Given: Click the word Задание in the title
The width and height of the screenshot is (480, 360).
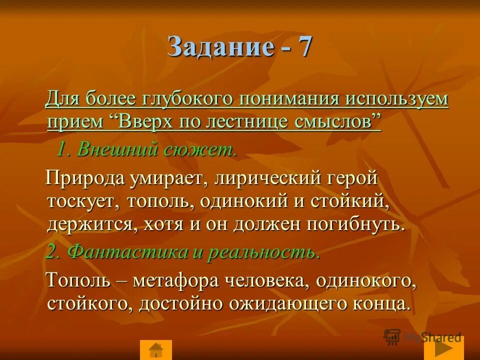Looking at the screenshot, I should pyautogui.click(x=221, y=47).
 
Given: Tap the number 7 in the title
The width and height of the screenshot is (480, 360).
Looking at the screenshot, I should pyautogui.click(x=304, y=47).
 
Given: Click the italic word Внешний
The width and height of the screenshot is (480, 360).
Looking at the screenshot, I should pyautogui.click(x=114, y=149).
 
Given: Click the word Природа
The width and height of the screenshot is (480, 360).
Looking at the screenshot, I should pyautogui.click(x=85, y=177).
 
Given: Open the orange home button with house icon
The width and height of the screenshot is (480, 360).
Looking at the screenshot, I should pyautogui.click(x=156, y=349).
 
